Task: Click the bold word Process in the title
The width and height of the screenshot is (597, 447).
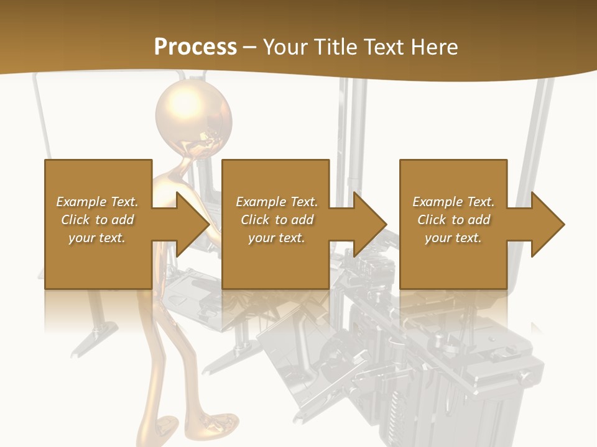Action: tap(195, 47)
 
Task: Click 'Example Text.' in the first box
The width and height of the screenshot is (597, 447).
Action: tap(97, 202)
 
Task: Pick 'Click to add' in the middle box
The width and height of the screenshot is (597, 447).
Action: tap(277, 220)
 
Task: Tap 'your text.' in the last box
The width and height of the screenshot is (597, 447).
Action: tap(453, 238)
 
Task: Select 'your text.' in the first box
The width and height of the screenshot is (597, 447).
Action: tap(97, 238)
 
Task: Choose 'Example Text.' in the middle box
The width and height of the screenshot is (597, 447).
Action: tap(277, 202)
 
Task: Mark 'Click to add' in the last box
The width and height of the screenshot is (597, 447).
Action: tap(453, 220)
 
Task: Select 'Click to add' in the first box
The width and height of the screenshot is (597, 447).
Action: tap(97, 220)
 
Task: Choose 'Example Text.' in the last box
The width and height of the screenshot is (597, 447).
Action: tap(453, 202)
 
